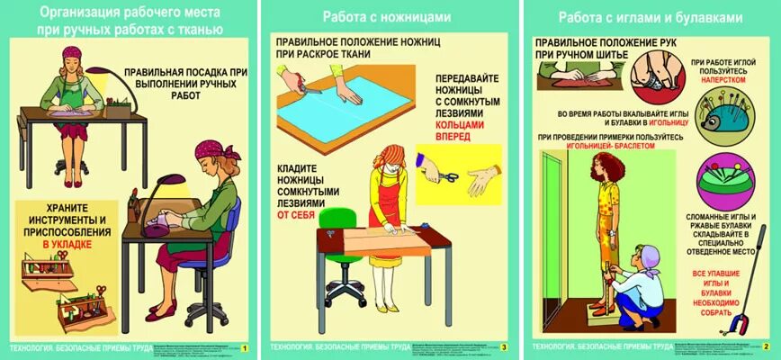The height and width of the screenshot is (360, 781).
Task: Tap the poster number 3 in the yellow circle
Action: tap(504, 347)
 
